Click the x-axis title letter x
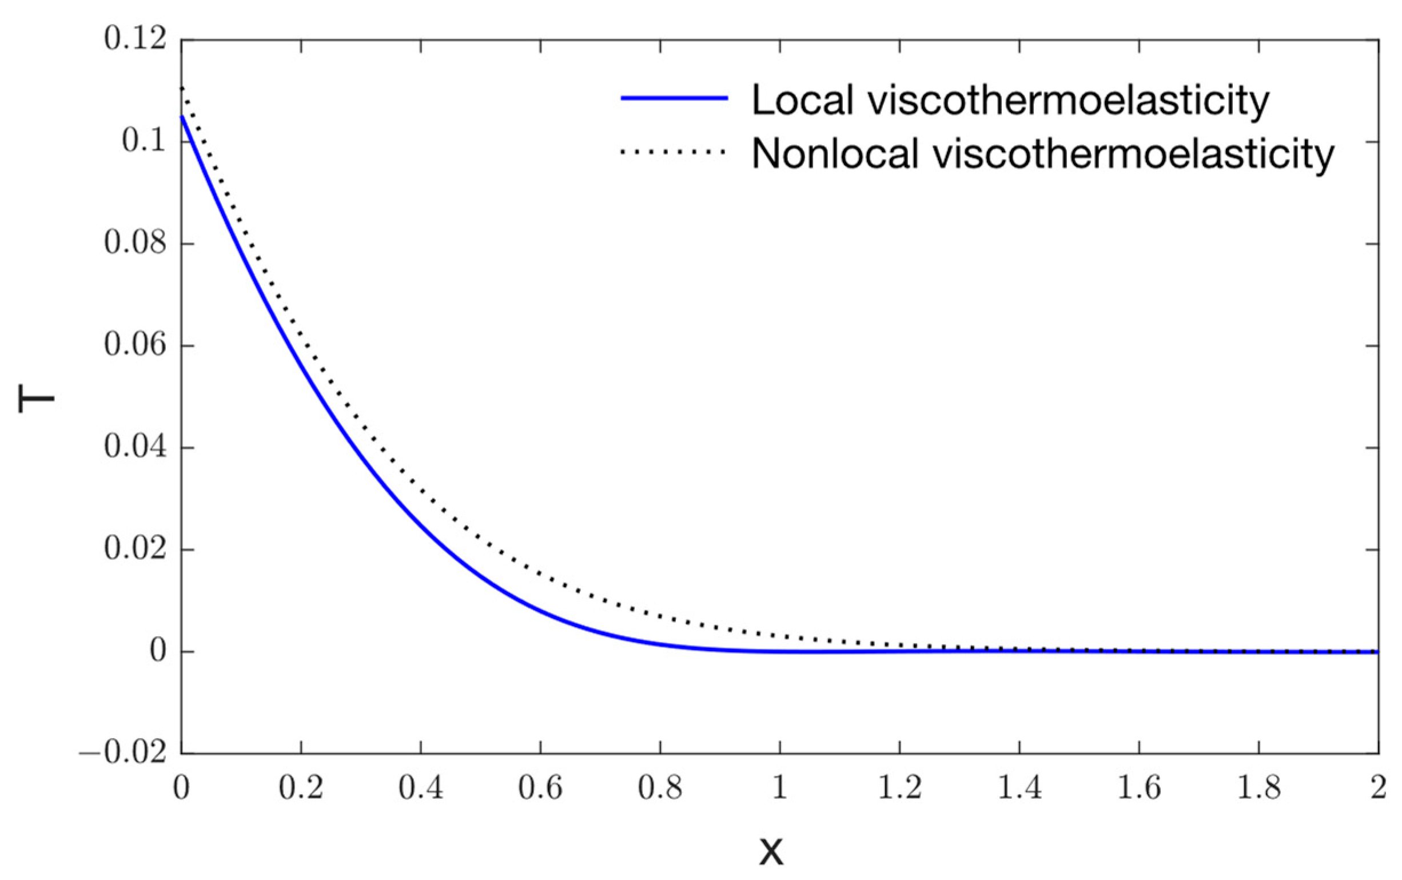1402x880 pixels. click(x=771, y=851)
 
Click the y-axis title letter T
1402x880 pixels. click(x=36, y=400)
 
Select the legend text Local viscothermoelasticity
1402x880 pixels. click(x=1010, y=100)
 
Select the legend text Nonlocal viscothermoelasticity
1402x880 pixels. click(x=1042, y=154)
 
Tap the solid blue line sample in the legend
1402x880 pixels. click(x=674, y=98)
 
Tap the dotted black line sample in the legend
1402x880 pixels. click(x=674, y=153)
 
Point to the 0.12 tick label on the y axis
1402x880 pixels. click(x=134, y=39)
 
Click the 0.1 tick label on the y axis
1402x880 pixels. click(x=143, y=141)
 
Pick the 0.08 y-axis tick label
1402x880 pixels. click(x=134, y=243)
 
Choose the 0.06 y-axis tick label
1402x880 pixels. click(x=134, y=345)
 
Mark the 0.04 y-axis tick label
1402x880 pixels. click(x=134, y=448)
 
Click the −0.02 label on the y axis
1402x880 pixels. click(x=122, y=754)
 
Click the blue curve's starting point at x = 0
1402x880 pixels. click(x=182, y=117)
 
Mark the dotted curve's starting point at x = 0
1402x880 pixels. click(x=182, y=88)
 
